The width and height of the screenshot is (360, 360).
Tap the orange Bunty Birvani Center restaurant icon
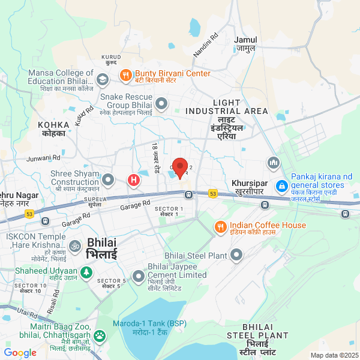pyautogui.click(x=126, y=75)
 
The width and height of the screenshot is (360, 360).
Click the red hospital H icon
pyautogui.click(x=133, y=179)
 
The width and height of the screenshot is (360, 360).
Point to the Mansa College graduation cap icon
pyautogui.click(x=103, y=79)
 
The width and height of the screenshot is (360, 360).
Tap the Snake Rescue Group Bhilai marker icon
pyautogui.click(x=161, y=104)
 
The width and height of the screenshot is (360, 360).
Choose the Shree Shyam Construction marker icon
pyautogui.click(x=108, y=179)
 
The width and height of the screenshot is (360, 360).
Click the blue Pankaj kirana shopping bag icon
pyautogui.click(x=281, y=187)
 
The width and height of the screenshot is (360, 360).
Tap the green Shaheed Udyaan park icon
pyautogui.click(x=86, y=273)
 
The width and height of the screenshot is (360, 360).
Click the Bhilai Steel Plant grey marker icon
pyautogui.click(x=236, y=256)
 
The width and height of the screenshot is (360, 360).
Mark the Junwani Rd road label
pyautogui.click(x=44, y=158)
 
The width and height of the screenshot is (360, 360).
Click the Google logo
pyautogui.click(x=20, y=353)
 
